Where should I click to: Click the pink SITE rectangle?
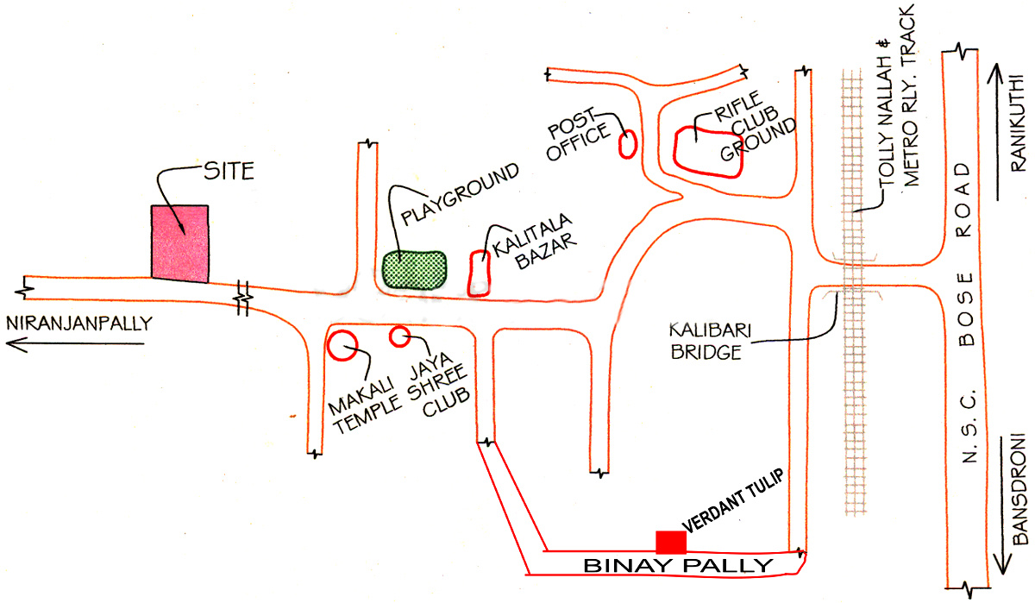point(179,243)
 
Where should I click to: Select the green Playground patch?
point(415,268)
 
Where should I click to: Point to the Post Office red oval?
point(628,143)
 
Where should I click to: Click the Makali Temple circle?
point(342,344)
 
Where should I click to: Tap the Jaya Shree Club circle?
point(398,336)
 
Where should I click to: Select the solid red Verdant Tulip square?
point(671,543)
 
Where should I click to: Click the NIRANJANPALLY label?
point(78,324)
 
